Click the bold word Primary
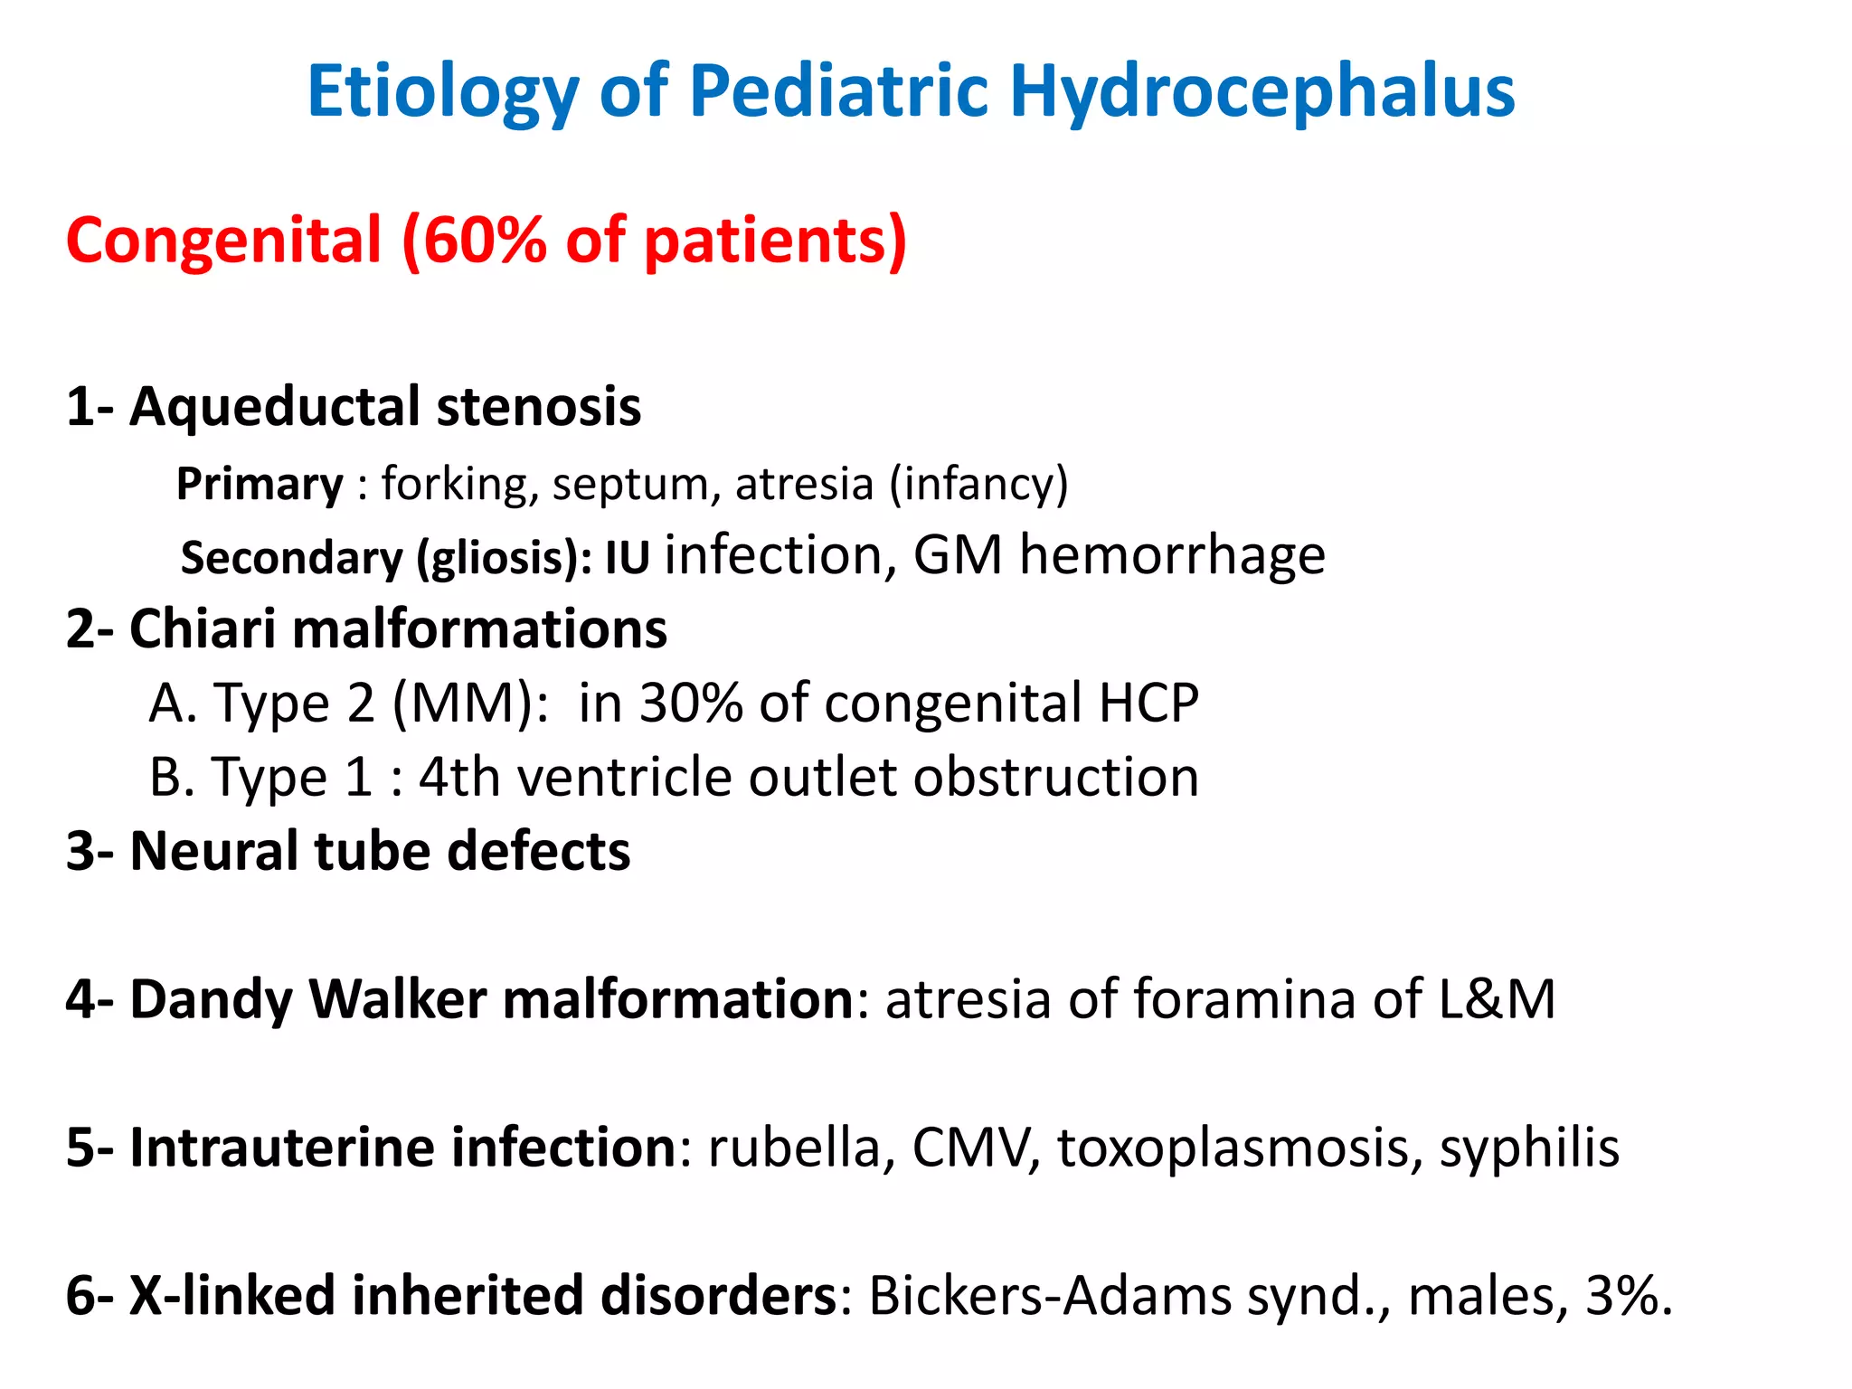(260, 485)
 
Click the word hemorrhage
(1172, 554)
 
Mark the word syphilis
(1529, 1148)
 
